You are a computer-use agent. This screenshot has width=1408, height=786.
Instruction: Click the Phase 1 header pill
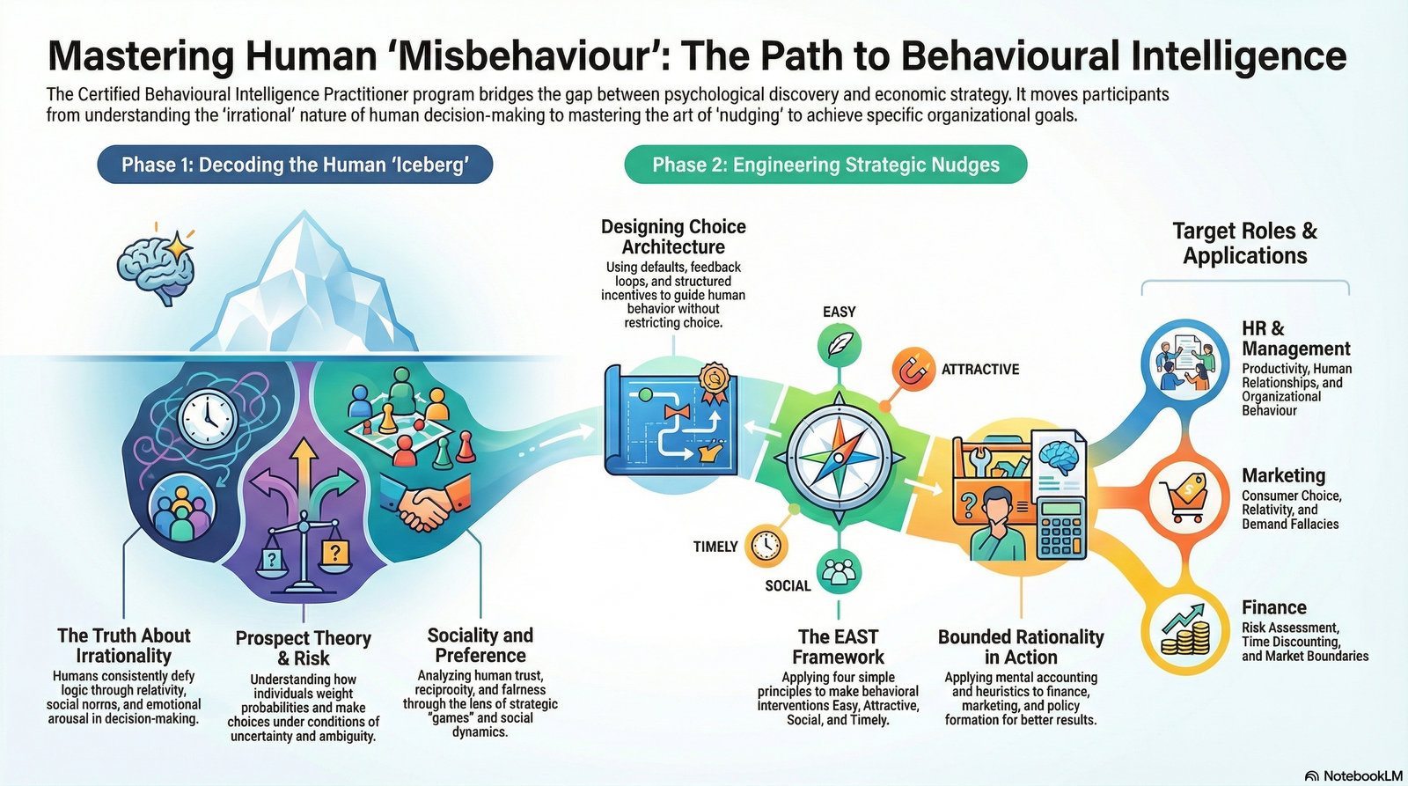(x=295, y=165)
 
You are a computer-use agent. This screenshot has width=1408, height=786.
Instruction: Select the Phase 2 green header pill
(x=825, y=165)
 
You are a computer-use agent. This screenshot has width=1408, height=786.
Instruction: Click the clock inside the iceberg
(x=209, y=417)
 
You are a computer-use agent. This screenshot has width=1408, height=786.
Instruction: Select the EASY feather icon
(x=839, y=344)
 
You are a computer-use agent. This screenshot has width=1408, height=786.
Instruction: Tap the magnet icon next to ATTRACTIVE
(x=913, y=370)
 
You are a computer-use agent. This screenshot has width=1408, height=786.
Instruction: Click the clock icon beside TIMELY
(x=766, y=546)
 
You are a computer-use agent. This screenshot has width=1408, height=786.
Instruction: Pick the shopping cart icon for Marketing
(x=1184, y=497)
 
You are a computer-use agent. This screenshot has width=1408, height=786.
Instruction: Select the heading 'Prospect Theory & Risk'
(x=304, y=648)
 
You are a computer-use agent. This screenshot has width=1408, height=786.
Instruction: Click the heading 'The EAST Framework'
(x=838, y=646)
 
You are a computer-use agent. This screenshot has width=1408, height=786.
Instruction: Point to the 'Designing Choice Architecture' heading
(x=673, y=237)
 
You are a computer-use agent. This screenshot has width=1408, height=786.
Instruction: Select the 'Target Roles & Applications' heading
(x=1244, y=243)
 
